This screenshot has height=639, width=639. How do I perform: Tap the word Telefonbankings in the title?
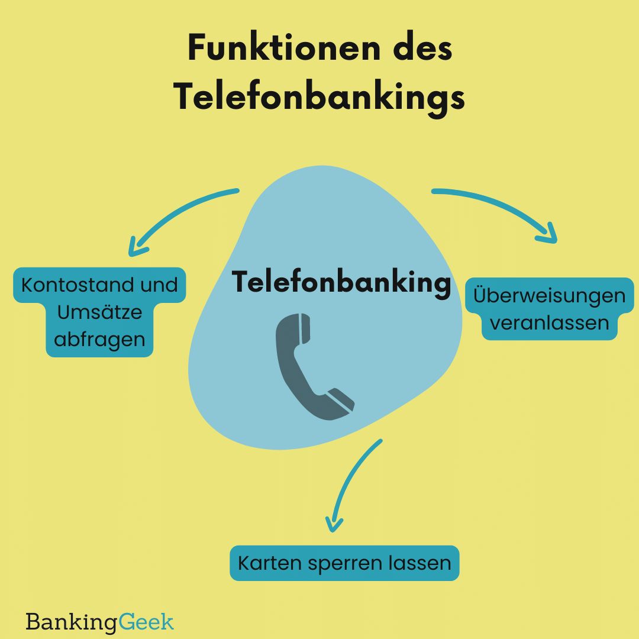point(319,97)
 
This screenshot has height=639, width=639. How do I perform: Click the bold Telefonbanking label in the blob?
point(341,282)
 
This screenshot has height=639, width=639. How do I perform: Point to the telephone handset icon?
point(314,367)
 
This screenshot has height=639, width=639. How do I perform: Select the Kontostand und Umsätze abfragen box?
point(99,312)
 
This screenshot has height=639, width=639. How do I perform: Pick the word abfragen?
point(99,340)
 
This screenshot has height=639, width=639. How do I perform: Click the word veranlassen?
point(549,323)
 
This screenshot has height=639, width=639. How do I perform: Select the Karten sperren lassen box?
point(344,563)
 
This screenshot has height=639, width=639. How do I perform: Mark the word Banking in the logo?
point(71,622)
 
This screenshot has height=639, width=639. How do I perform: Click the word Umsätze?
point(99,312)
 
